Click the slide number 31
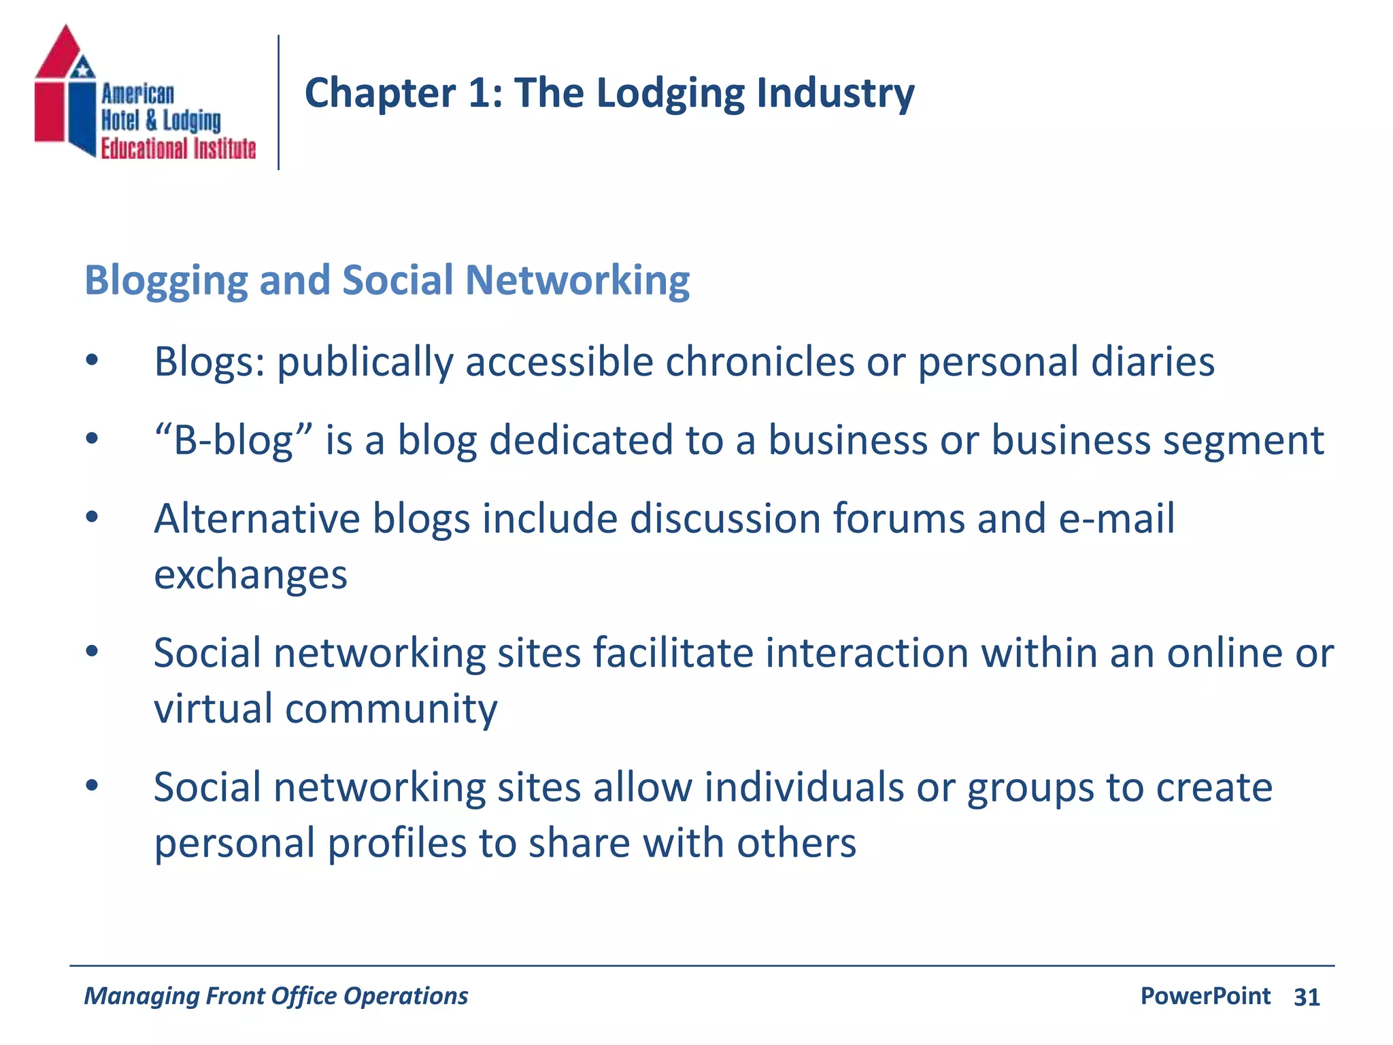pyautogui.click(x=1307, y=997)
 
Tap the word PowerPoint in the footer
pyautogui.click(x=1205, y=996)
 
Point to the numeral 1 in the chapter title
pyautogui.click(x=480, y=93)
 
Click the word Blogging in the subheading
pyautogui.click(x=166, y=281)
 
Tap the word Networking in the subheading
pyautogui.click(x=577, y=280)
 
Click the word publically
pyautogui.click(x=365, y=362)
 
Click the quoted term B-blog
pyautogui.click(x=234, y=440)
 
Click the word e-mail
pyautogui.click(x=1116, y=518)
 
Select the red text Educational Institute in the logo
pyautogui.click(x=178, y=148)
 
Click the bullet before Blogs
pyautogui.click(x=93, y=361)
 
